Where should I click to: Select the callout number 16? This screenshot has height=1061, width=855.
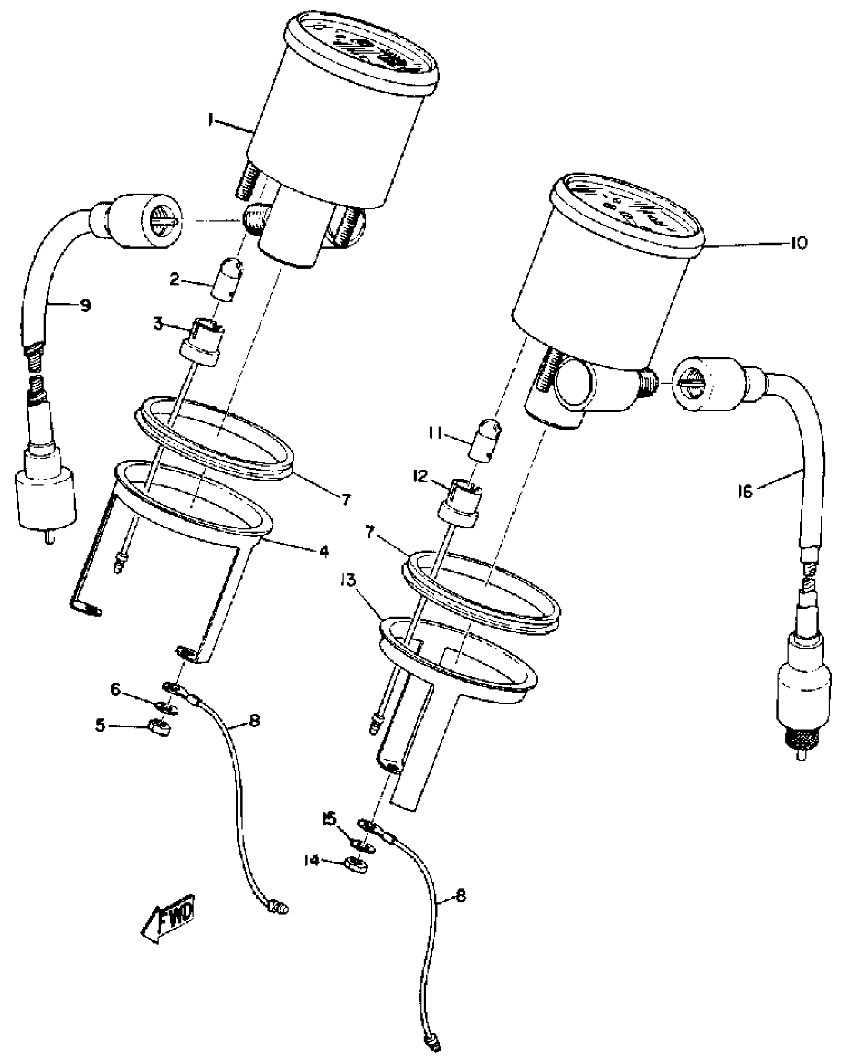745,491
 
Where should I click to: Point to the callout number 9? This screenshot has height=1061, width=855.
85,305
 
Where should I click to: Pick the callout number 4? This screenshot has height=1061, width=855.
323,551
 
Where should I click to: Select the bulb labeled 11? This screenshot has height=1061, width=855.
486,441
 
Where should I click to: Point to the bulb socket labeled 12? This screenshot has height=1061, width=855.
460,503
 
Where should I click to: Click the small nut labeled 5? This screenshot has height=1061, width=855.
160,727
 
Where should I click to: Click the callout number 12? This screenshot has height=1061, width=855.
420,476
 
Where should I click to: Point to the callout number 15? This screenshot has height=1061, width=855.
329,819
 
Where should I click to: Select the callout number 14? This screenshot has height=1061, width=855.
312,860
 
